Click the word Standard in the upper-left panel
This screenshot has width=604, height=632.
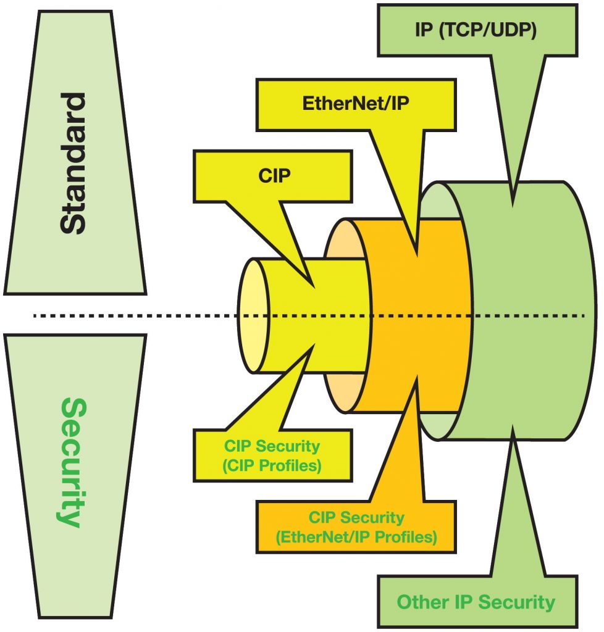tap(73, 163)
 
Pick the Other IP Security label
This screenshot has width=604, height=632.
tap(476, 602)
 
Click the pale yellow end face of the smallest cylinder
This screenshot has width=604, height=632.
tap(253, 315)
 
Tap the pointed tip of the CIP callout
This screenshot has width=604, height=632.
tap(316, 287)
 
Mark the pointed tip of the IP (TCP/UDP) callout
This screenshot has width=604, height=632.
tap(511, 206)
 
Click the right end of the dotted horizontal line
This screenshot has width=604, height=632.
tap(582, 316)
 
